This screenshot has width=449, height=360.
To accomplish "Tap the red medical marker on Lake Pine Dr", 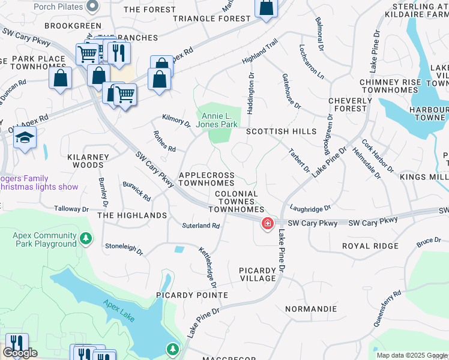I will [x=267, y=224].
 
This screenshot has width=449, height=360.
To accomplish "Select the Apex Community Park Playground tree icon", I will [x=86, y=240].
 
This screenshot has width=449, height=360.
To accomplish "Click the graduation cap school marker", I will [x=25, y=138].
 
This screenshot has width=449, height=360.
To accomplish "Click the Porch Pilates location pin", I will [x=92, y=6].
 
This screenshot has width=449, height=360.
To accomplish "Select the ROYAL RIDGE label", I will [x=370, y=246].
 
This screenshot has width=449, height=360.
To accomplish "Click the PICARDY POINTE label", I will [x=192, y=295].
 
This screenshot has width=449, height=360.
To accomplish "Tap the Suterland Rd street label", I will [x=201, y=226].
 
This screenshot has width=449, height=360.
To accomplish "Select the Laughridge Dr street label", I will [x=310, y=208].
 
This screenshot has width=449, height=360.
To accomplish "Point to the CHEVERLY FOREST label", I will [x=347, y=104].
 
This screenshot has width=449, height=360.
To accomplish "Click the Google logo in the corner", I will [x=20, y=353].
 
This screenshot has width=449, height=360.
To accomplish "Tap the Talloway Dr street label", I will [x=71, y=209].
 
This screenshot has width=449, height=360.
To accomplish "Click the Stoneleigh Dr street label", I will [x=124, y=248].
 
